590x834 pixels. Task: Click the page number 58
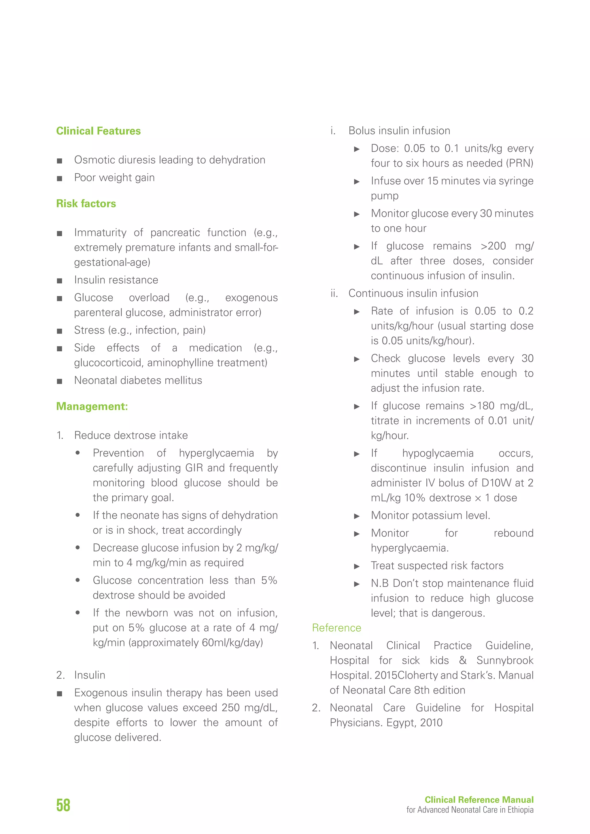pos(63,805)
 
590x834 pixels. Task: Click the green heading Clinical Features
pos(99,131)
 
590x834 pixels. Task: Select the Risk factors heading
pos(86,204)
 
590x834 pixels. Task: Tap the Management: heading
pos(92,406)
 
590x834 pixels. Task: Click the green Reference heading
pos(336,628)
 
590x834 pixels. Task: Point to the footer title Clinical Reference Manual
pos(479,799)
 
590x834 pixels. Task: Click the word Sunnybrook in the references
pos(505,660)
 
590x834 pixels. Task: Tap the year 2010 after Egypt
pos(431,723)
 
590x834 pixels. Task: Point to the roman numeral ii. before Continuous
pos(334,293)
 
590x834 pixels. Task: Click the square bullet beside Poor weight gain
pos(60,178)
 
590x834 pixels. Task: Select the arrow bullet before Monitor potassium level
pos(357,516)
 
